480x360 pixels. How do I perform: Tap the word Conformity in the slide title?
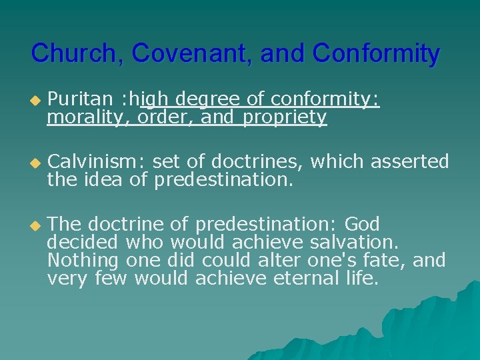click(376, 53)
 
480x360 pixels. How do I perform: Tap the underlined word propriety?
click(285, 118)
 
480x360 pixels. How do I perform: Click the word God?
click(362, 223)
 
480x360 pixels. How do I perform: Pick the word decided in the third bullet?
click(83, 241)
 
